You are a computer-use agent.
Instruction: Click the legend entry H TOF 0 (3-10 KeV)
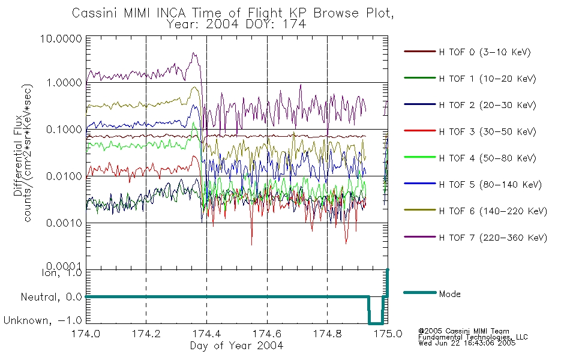click(485, 52)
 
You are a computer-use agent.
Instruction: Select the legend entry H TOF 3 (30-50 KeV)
click(487, 131)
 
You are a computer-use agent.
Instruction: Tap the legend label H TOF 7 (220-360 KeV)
click(493, 238)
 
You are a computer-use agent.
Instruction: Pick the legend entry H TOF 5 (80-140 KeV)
click(490, 185)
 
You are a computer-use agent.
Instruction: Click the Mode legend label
click(449, 294)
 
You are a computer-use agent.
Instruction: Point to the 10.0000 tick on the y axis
click(61, 38)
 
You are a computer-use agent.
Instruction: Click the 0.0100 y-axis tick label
click(64, 176)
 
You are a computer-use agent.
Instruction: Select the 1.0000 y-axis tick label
click(64, 83)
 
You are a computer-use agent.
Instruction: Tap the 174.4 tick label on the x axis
click(207, 334)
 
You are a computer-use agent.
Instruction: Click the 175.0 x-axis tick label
click(388, 334)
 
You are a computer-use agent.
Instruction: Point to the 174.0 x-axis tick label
click(86, 334)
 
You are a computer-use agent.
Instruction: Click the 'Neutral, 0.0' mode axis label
click(51, 298)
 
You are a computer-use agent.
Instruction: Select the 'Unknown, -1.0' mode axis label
click(43, 321)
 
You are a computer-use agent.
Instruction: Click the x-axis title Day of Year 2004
click(236, 346)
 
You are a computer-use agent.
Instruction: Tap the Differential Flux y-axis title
click(18, 156)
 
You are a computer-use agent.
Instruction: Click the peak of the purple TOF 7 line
click(194, 53)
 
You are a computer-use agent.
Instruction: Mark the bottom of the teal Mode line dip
click(376, 323)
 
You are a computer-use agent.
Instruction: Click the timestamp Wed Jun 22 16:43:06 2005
click(467, 343)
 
